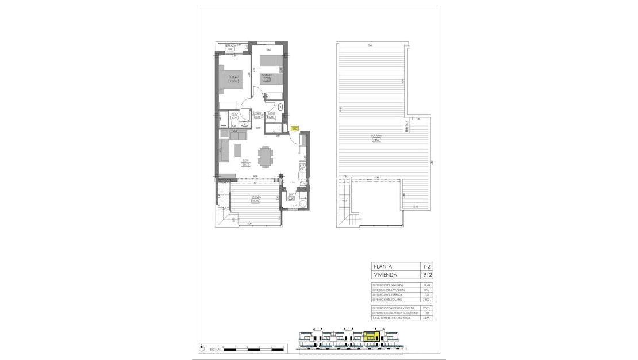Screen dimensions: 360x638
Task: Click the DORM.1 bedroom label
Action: point(233,78)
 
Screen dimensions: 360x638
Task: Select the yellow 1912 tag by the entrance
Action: point(294,129)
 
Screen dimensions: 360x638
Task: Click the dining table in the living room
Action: point(266,156)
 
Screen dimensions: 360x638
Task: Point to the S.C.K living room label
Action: point(245,162)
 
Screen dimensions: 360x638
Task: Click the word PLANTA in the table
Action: point(383,266)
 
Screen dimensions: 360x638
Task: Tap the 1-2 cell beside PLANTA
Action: point(426,266)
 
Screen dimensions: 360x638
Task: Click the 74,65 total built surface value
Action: point(426,317)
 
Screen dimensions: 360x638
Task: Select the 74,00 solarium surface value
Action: point(426,299)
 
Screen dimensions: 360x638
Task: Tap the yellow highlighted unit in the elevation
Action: point(372,335)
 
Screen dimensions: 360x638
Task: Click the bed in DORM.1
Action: point(228,78)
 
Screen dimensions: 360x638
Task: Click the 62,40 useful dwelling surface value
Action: point(426,285)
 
